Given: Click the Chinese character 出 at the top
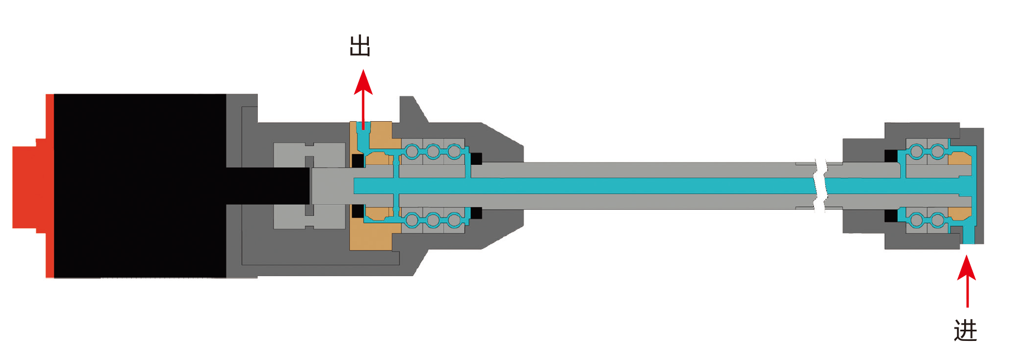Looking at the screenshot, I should [360, 46].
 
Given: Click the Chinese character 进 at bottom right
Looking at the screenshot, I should [965, 330].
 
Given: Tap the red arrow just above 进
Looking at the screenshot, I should [967, 280].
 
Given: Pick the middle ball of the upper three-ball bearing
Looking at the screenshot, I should [433, 151].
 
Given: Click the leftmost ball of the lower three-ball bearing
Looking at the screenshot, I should [412, 220].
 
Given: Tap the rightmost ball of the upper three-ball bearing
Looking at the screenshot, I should [454, 151].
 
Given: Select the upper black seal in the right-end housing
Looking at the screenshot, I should [891, 155].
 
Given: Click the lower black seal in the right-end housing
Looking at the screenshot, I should [891, 216].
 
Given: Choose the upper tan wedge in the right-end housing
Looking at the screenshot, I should [960, 158].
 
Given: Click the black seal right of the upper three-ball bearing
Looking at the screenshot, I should [476, 159].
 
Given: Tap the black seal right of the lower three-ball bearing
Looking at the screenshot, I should [476, 213].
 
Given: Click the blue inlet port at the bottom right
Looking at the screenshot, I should [968, 236].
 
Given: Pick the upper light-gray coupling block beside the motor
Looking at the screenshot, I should [308, 154].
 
